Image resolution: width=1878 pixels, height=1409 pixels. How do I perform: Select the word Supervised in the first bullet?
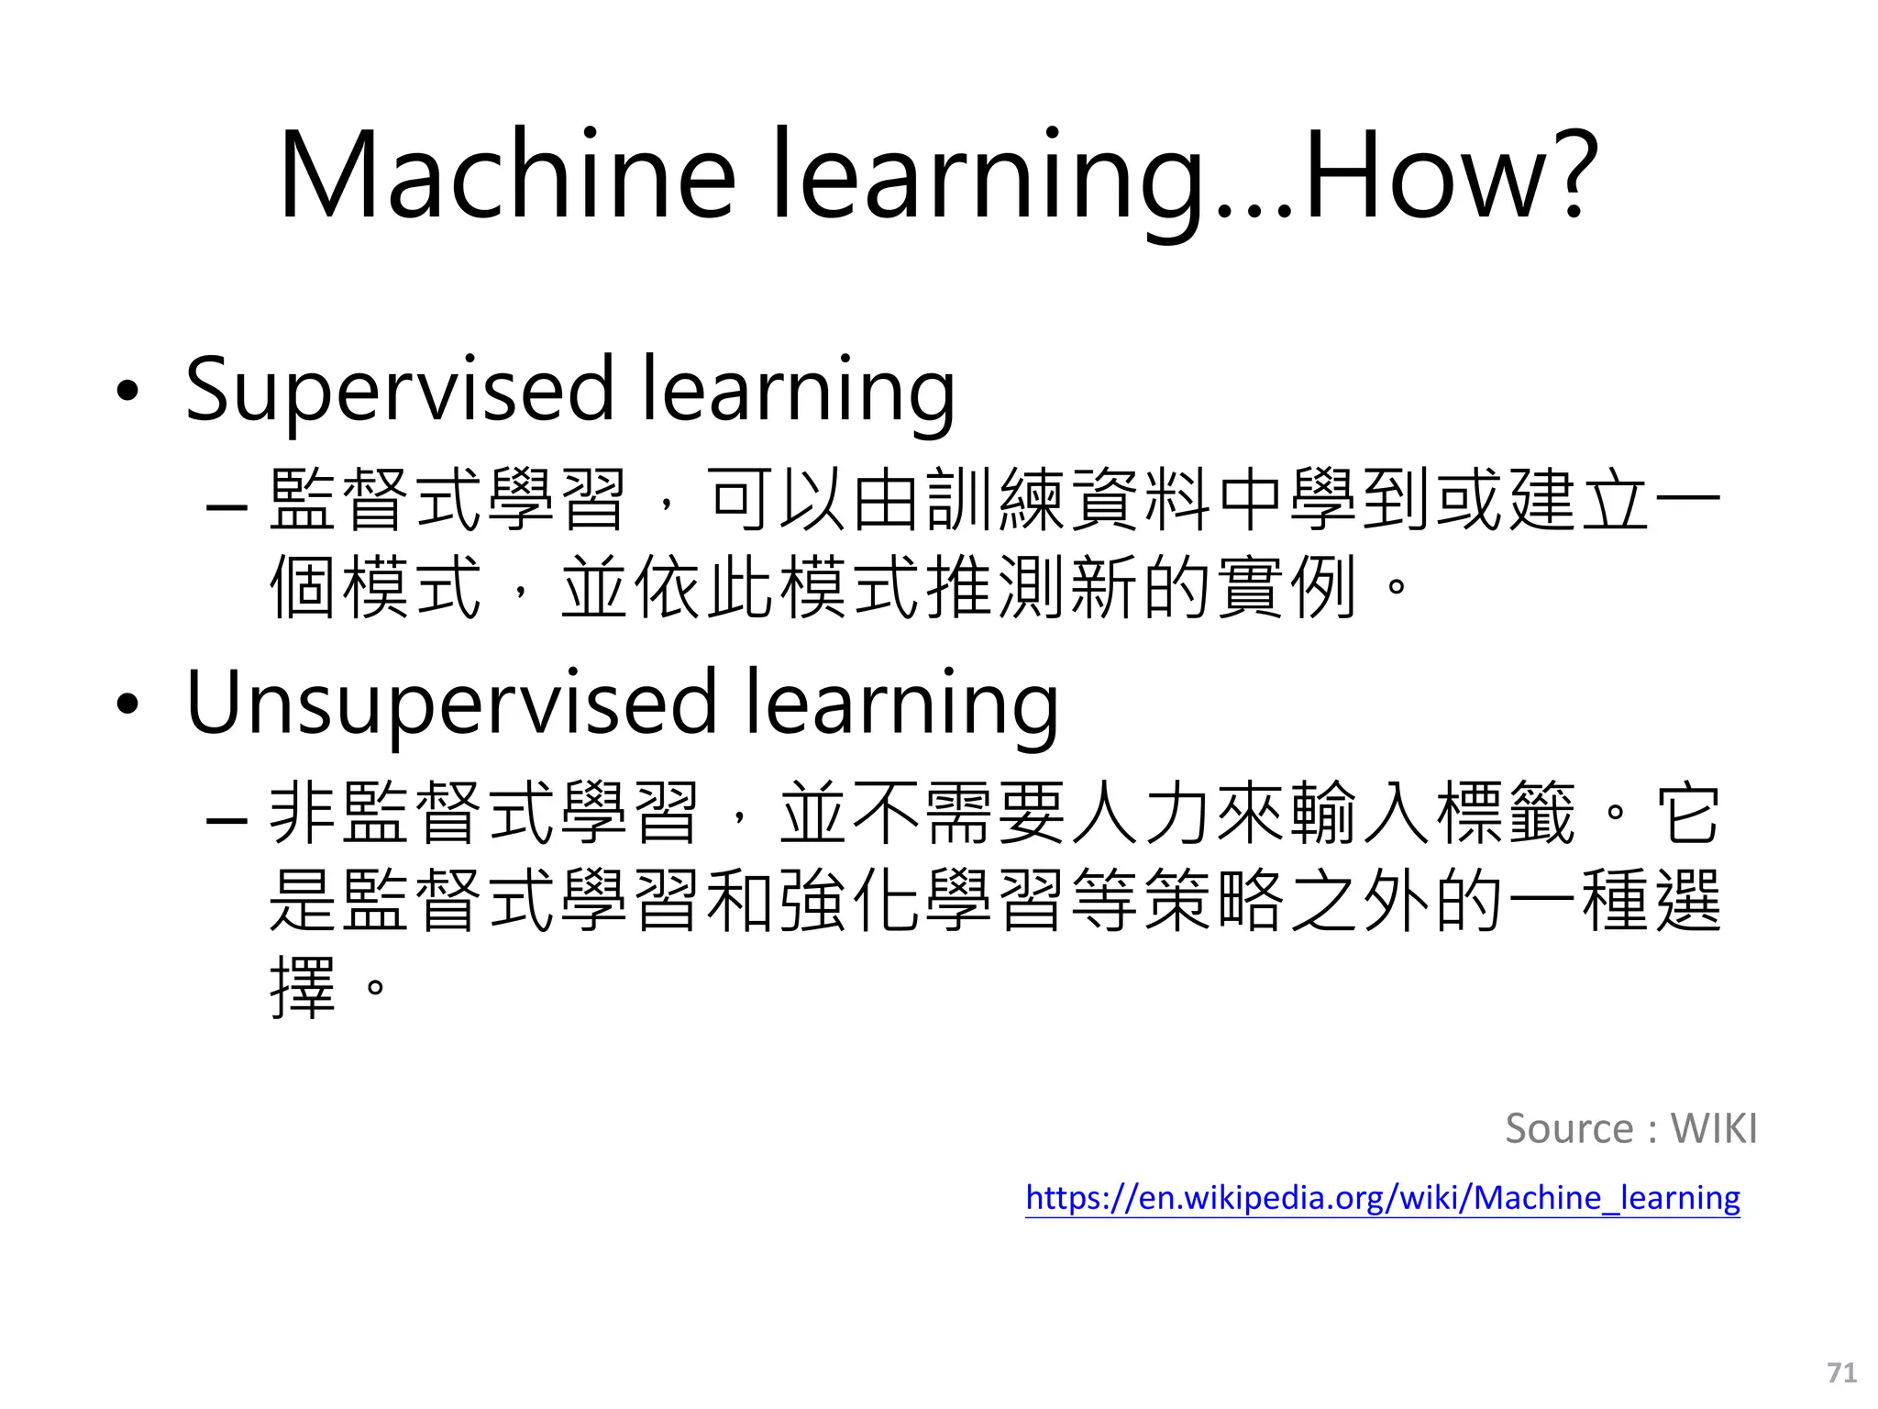point(400,389)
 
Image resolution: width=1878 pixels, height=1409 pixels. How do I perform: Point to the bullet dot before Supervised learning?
point(127,392)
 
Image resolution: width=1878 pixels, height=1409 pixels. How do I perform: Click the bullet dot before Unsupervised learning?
point(127,705)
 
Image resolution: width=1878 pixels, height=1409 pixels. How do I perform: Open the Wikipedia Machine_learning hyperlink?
point(1382,1198)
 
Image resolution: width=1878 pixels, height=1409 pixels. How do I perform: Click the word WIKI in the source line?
point(1713,1128)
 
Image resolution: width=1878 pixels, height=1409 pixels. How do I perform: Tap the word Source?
point(1569,1128)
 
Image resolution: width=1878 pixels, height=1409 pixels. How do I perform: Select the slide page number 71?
point(1841,1372)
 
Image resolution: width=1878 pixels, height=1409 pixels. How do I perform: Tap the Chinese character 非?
point(303,813)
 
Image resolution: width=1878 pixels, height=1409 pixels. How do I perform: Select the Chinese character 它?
point(1687,813)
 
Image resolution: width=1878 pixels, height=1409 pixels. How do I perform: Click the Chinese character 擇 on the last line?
point(303,987)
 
